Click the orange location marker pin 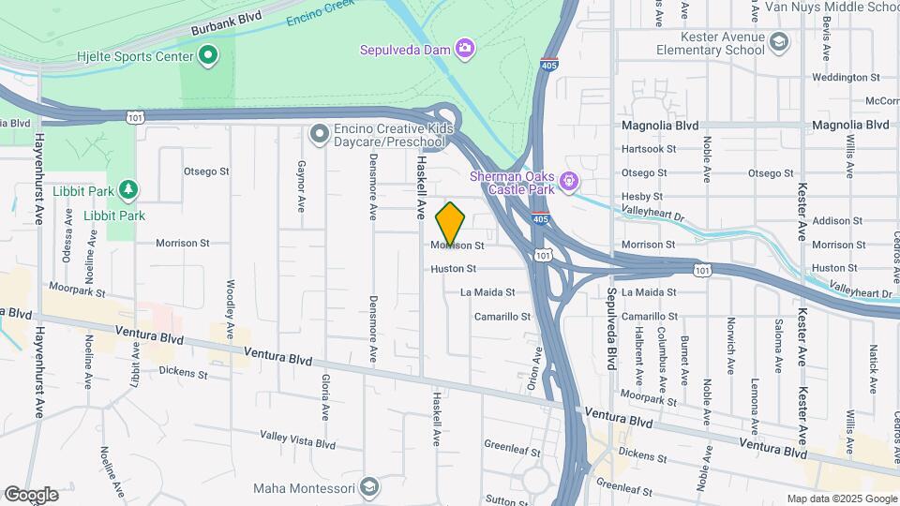[x=450, y=223]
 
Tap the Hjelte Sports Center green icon [x=207, y=56]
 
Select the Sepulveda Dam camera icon [x=464, y=48]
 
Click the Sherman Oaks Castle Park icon [x=567, y=179]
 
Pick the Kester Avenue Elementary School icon [x=779, y=41]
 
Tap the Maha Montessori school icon [x=369, y=487]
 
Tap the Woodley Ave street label [x=230, y=309]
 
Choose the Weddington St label [x=846, y=77]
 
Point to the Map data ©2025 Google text [x=841, y=499]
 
